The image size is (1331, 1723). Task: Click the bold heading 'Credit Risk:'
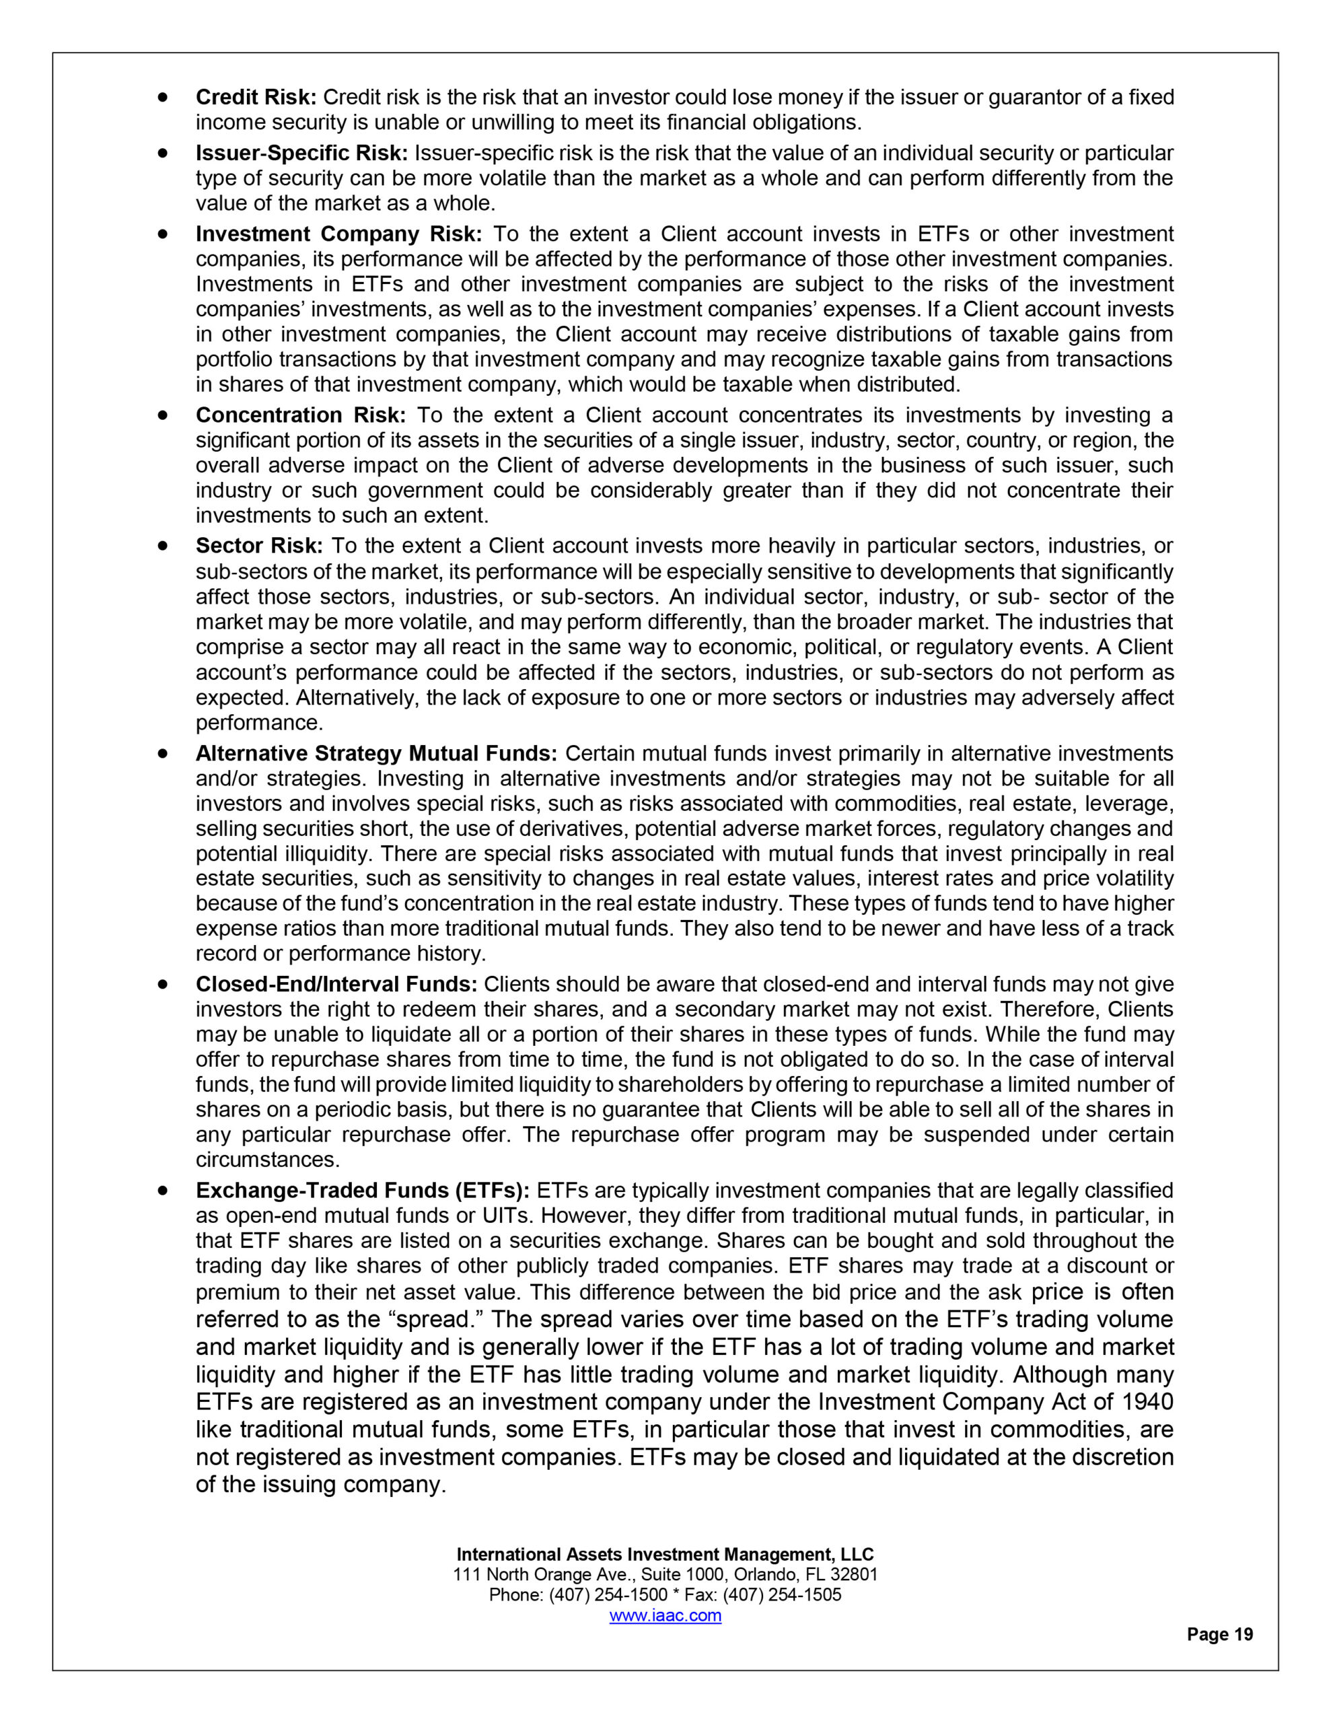coord(256,98)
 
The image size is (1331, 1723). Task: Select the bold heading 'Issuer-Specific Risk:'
coord(301,153)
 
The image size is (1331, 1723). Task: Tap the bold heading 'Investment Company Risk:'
coord(338,234)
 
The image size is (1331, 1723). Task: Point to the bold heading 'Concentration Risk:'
coord(301,416)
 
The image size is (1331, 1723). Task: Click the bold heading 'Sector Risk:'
coord(259,546)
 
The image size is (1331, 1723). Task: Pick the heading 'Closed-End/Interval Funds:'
coord(336,985)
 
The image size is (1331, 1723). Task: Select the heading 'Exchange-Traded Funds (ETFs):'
coord(362,1191)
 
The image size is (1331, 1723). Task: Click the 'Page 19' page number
coord(1220,1635)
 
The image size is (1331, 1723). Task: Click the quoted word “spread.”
coord(438,1320)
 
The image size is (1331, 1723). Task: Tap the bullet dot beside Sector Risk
coord(164,545)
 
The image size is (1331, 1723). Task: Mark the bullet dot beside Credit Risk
coord(164,97)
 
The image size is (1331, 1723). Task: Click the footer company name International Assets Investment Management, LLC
coord(665,1554)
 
